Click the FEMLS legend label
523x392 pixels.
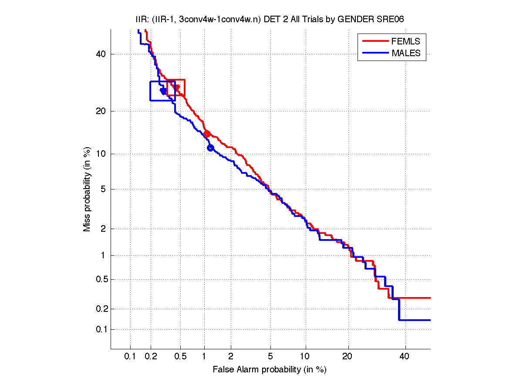[406, 41]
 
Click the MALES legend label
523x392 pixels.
[406, 53]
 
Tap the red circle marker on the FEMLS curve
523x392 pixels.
[207, 134]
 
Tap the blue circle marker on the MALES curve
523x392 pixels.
[210, 148]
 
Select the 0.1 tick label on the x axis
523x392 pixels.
[130, 357]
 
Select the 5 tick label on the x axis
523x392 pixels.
[270, 357]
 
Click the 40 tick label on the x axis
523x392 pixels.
[405, 357]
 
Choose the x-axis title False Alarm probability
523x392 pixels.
[270, 370]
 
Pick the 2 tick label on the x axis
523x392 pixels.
[231, 357]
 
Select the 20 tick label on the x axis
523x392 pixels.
[348, 357]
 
